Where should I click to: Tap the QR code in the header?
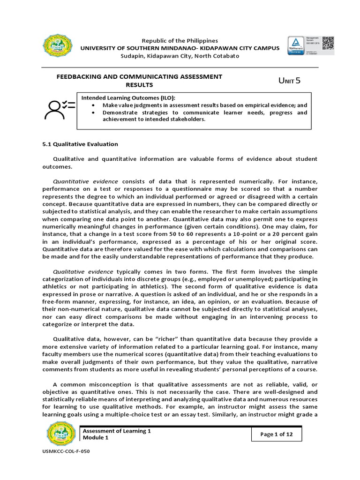[x=328, y=43]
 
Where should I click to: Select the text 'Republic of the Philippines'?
[x=180, y=41]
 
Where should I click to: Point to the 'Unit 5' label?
[x=289, y=81]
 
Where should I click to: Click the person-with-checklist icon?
[x=60, y=108]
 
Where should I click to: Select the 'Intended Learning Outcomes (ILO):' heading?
[x=129, y=97]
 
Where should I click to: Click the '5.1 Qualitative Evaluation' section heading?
[x=80, y=144]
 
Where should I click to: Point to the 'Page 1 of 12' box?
[x=276, y=434]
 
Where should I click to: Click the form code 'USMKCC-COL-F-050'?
[x=66, y=464]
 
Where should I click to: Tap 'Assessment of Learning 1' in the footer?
[x=117, y=430]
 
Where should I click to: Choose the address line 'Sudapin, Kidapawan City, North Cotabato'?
[x=180, y=56]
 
